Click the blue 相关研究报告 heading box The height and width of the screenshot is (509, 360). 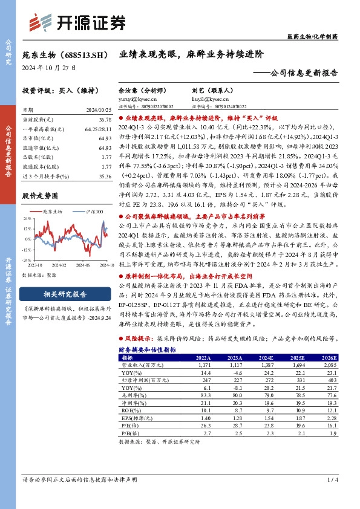pyautogui.click(x=66, y=294)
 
